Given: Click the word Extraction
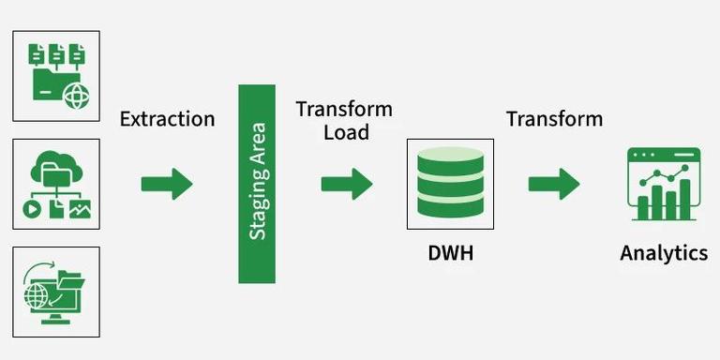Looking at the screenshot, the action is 167,119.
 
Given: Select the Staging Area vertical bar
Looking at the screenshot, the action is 257,184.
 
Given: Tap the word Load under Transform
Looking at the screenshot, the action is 346,132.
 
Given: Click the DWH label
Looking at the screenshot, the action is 450,253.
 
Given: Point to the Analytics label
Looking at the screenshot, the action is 664,253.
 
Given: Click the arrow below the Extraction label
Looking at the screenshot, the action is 167,184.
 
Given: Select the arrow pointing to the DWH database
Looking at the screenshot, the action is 347,184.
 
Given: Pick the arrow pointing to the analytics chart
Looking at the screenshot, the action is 554,184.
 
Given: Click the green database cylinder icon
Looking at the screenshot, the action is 450,182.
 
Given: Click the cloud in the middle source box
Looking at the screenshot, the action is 56,164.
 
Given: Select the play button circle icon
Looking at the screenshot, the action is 32,209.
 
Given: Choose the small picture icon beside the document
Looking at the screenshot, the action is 80,209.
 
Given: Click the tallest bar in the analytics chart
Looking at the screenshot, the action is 684,200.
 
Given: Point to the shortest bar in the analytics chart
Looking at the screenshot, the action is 643,208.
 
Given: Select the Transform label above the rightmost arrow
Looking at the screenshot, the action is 555,119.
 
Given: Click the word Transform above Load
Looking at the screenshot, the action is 344,110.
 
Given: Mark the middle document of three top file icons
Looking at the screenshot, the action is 56,54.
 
